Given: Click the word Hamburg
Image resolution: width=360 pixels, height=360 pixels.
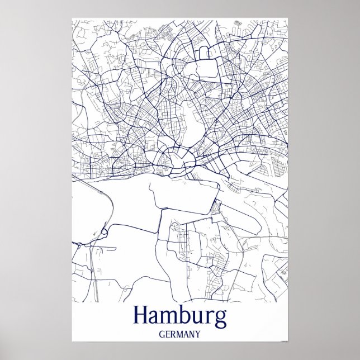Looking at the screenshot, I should [x=180, y=316].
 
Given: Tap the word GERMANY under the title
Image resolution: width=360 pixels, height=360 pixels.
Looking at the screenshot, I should [x=180, y=334].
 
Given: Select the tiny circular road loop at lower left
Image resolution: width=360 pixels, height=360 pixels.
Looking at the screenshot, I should [x=103, y=231].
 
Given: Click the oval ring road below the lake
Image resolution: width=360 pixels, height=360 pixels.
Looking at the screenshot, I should [x=178, y=160].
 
